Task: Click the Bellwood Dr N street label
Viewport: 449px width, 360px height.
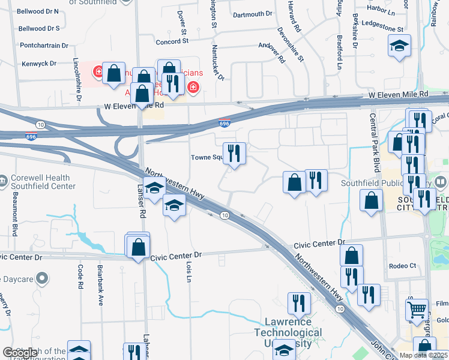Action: (39, 11)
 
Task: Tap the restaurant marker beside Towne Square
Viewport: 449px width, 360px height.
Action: (234, 154)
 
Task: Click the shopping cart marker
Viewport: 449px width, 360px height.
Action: (417, 310)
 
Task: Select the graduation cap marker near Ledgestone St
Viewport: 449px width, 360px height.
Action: (399, 46)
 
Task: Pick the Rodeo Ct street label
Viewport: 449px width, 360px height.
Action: (402, 266)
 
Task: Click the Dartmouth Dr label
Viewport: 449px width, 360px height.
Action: (252, 14)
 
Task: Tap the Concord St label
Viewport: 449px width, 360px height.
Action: (172, 41)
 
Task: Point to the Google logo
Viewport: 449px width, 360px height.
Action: (19, 353)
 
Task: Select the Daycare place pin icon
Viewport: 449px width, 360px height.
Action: (41, 278)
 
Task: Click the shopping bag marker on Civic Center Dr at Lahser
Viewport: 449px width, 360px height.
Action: (138, 247)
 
